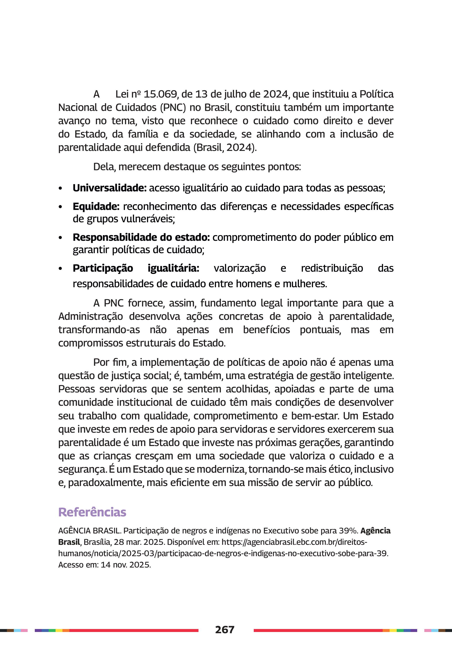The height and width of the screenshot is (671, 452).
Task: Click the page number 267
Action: [225, 630]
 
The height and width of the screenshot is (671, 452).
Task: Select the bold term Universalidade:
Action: [110, 188]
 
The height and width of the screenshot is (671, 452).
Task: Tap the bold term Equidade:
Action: [96, 206]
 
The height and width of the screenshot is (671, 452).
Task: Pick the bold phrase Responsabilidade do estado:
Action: [141, 237]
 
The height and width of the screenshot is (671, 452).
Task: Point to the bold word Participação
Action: [103, 268]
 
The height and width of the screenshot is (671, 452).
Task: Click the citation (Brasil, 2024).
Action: [225, 148]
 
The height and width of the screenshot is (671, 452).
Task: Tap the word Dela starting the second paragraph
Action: [104, 167]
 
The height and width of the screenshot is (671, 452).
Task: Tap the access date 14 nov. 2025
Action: [126, 565]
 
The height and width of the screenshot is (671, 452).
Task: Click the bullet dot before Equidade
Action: [60, 207]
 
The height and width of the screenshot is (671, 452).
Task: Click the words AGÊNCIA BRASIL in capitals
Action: [89, 530]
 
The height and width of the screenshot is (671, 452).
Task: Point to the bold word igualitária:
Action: [173, 268]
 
